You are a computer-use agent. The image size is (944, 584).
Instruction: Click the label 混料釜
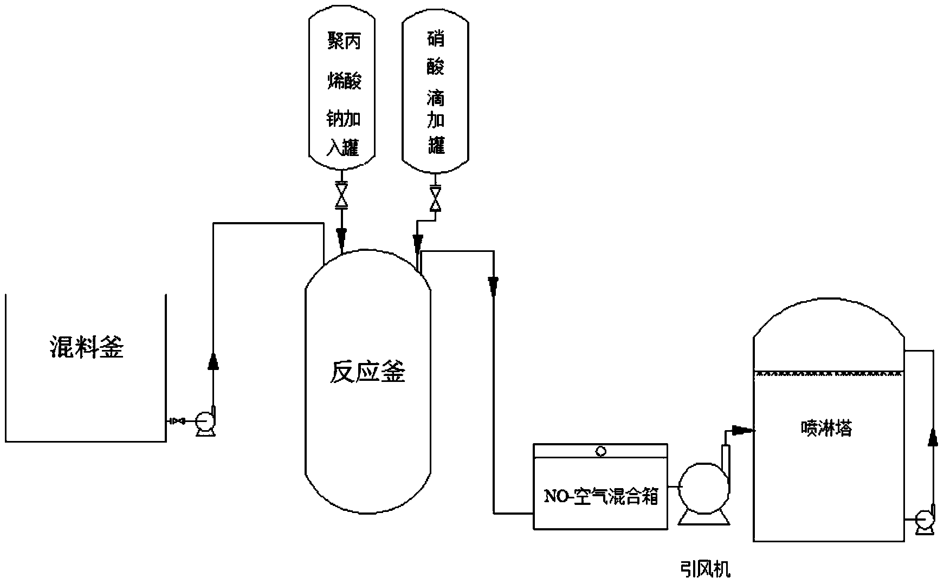87,347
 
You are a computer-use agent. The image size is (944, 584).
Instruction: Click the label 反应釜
367,372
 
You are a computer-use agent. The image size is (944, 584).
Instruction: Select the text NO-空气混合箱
600,496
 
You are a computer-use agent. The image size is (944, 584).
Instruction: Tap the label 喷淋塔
826,429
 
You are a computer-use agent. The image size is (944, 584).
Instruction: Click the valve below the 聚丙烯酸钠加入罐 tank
341,197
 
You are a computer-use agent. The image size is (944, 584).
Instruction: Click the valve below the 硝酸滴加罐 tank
435,199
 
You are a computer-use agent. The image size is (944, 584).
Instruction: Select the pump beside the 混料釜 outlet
205,422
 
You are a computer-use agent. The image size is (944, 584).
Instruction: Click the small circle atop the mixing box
600,451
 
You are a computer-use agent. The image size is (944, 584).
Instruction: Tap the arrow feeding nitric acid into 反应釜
418,242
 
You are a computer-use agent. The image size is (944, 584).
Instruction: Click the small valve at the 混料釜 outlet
177,421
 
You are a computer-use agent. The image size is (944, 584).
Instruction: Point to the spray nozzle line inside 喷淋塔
829,373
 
